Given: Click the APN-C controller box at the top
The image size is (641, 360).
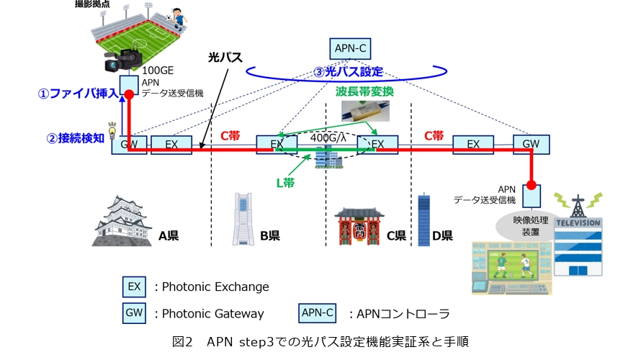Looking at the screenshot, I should (351, 49).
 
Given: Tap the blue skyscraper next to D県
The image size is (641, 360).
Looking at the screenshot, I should (423, 220).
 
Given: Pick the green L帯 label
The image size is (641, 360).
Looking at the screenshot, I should (285, 183).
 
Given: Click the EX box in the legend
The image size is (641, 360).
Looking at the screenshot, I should (134, 287).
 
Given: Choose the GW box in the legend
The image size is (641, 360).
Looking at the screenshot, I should (134, 313).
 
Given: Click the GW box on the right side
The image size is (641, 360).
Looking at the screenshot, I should (531, 144).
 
